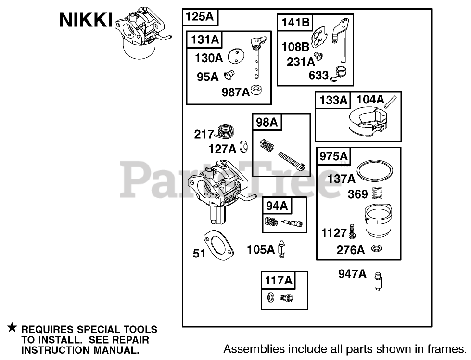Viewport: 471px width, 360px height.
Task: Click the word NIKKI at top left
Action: pyautogui.click(x=86, y=21)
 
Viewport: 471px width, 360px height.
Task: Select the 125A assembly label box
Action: pyautogui.click(x=200, y=17)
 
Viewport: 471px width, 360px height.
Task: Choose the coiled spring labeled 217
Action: pyautogui.click(x=224, y=131)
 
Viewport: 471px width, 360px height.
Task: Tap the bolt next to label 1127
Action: pyautogui.click(x=353, y=231)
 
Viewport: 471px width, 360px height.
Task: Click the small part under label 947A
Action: pyautogui.click(x=378, y=282)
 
